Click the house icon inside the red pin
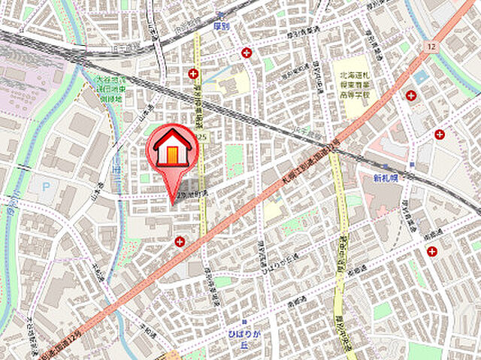click(172, 147)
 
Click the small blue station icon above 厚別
click(220, 15)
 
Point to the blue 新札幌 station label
click(386, 179)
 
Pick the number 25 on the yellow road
click(203, 137)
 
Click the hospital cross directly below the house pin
click(180, 241)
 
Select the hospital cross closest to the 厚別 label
click(247, 53)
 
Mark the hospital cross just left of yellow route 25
click(193, 74)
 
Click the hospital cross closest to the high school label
click(411, 95)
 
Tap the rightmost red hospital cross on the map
click(440, 135)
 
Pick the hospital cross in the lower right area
click(431, 251)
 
